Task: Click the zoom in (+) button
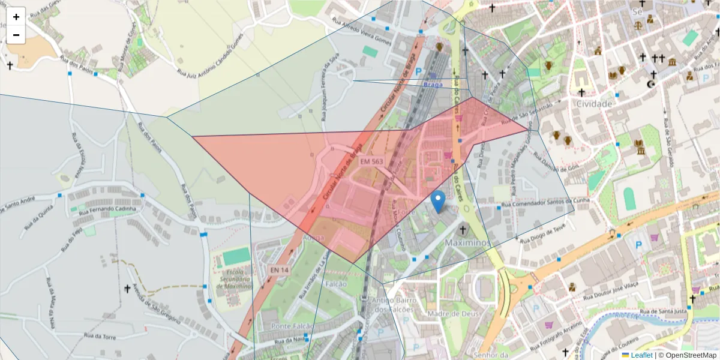pos(16,17)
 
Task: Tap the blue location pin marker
pos(439,201)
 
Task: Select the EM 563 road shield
pos(371,161)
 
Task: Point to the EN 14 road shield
pos(278,271)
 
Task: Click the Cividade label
pos(594,103)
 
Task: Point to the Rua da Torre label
pos(100,337)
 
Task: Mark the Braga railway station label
pos(433,85)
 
